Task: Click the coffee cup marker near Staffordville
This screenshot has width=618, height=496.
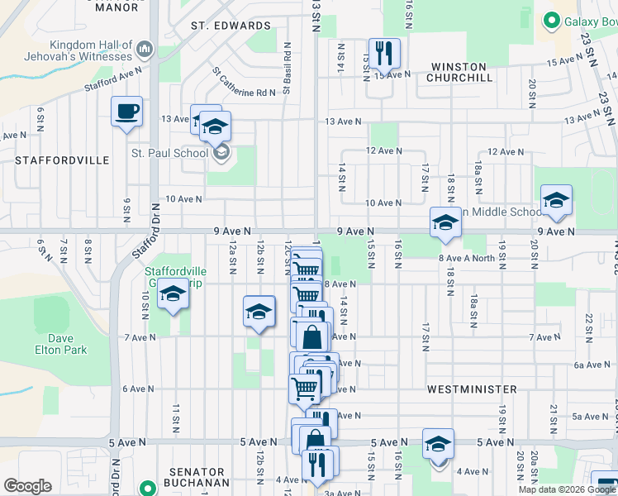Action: coord(126,111)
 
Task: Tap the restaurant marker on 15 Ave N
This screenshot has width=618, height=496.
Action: coord(384,54)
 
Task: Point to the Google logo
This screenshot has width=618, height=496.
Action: coord(27,485)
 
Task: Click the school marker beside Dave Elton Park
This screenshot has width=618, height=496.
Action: coord(174,293)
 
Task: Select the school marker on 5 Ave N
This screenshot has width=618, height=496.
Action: coord(438,443)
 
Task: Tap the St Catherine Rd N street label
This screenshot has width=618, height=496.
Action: coord(243,83)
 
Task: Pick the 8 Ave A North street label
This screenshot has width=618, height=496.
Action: coord(467,259)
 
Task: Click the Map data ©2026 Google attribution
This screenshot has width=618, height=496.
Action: coord(566,489)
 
